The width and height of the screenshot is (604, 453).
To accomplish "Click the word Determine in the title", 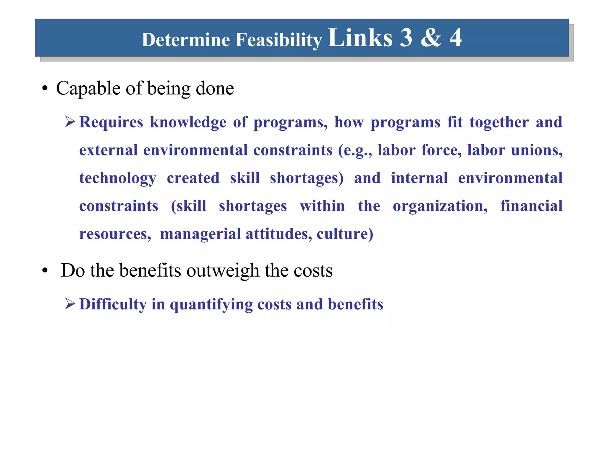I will click(x=186, y=40).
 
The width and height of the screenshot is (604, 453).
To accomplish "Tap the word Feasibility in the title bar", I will click(x=279, y=40).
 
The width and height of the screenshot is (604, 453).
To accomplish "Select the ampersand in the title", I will click(x=431, y=37).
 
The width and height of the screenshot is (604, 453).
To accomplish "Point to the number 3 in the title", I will click(x=406, y=37).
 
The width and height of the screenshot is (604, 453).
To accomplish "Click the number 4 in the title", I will click(x=455, y=37).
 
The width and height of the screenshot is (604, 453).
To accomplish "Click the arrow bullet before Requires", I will click(x=70, y=122).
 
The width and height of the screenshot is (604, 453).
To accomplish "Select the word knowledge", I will click(x=188, y=122).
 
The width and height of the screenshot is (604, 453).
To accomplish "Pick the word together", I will click(x=499, y=122).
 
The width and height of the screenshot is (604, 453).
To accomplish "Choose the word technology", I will click(x=118, y=178).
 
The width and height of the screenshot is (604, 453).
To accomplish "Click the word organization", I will click(x=440, y=206).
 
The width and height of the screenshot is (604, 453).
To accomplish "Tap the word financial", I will click(x=531, y=206).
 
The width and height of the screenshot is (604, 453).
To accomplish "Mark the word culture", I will click(x=344, y=234).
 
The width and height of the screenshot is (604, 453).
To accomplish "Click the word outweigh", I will click(x=223, y=270).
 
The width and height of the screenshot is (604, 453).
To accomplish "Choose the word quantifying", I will click(x=211, y=305).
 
